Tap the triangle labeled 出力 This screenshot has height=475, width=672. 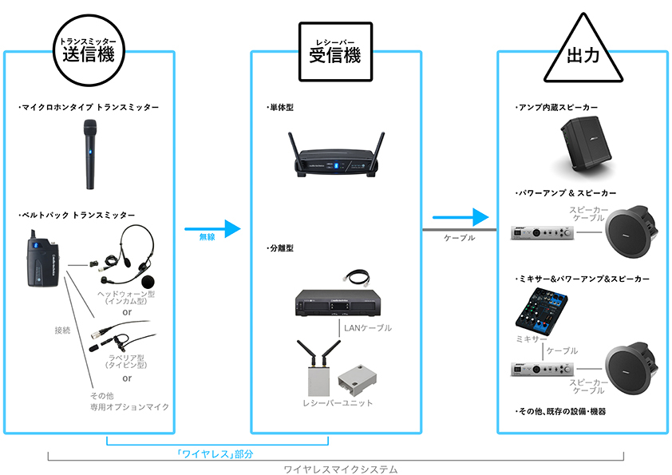click(582, 54)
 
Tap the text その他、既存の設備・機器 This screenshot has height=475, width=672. click(560, 411)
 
